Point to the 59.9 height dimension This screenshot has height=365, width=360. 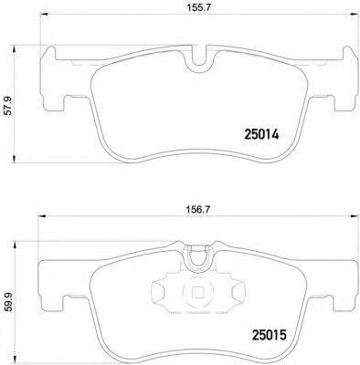[9, 297]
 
